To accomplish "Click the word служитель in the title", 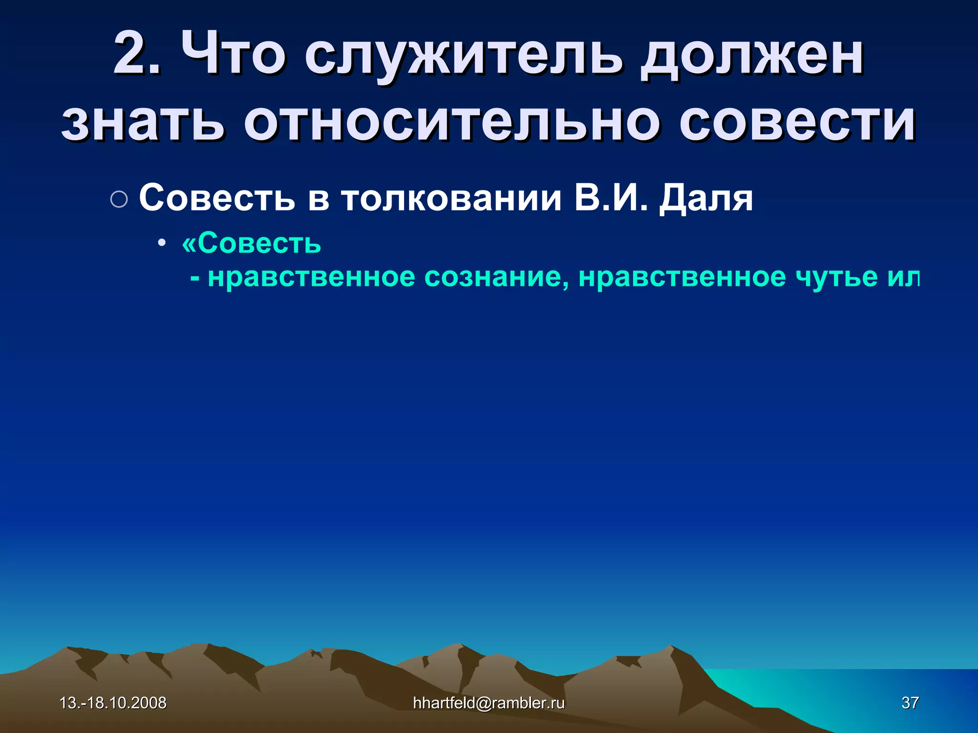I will (x=463, y=56).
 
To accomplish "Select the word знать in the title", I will (x=143, y=122).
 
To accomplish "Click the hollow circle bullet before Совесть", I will (x=119, y=199).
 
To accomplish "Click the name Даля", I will (x=706, y=199).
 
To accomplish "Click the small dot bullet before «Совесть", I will (x=162, y=243).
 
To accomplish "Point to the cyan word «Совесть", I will (x=252, y=243).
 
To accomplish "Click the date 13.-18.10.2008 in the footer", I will (x=113, y=702).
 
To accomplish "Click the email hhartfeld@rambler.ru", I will (x=489, y=702).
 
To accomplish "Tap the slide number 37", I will (x=910, y=702).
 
